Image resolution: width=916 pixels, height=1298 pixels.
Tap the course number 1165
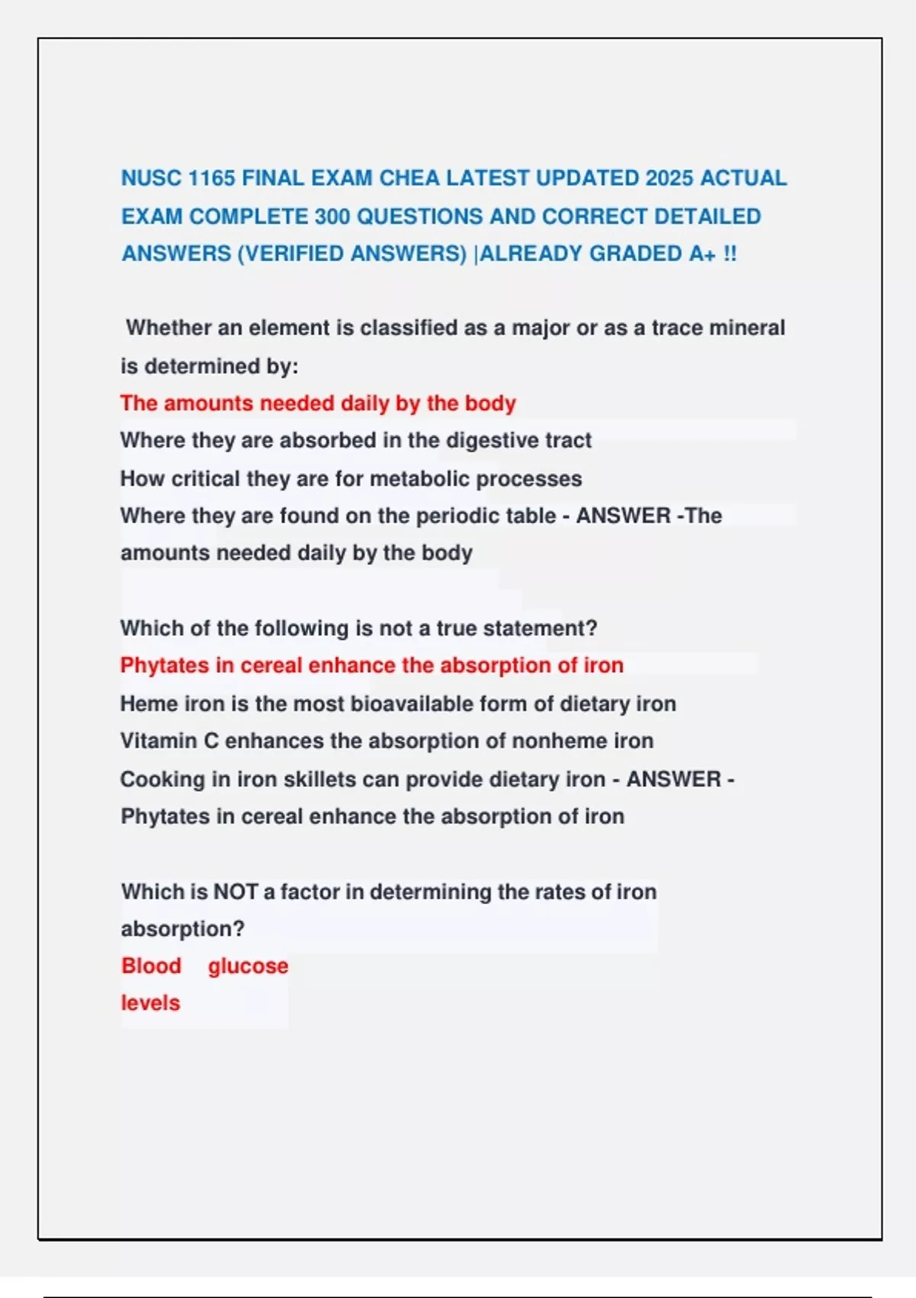point(211,178)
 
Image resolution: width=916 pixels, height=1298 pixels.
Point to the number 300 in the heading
point(332,216)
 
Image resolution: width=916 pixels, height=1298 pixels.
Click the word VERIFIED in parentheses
point(292,253)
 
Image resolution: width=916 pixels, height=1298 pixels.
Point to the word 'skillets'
point(319,779)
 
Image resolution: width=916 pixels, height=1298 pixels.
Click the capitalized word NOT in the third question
point(235,892)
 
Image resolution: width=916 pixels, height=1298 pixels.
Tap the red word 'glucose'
point(248,967)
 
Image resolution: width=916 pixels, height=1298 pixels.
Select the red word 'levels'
point(150,1003)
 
